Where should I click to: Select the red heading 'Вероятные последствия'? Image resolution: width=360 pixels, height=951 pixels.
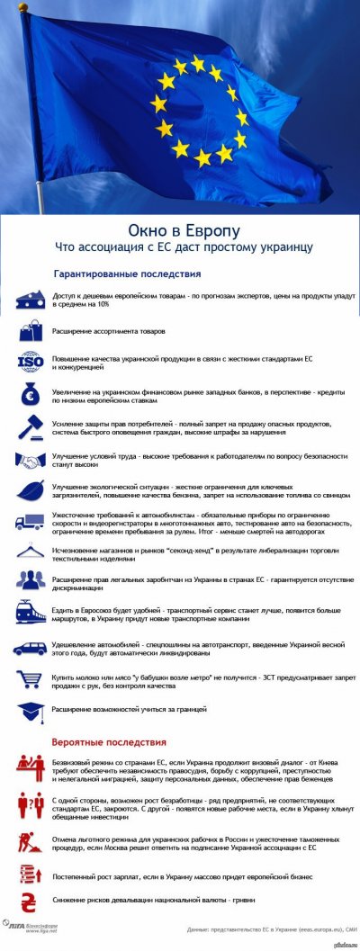(109, 742)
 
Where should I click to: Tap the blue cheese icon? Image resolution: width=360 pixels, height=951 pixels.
(31, 300)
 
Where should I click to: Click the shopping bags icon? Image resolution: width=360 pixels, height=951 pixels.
(31, 331)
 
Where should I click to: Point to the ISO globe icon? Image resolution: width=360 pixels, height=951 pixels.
(31, 363)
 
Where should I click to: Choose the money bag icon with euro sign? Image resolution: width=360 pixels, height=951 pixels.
(31, 395)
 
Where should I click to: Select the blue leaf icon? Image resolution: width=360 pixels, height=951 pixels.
(31, 490)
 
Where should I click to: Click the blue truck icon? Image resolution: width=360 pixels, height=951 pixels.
(31, 522)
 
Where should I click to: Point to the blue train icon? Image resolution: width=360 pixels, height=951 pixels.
(31, 613)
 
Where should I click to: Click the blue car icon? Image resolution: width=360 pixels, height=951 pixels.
(31, 648)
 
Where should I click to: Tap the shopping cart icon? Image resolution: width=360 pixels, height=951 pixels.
(31, 678)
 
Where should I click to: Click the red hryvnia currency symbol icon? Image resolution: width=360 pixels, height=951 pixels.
(31, 901)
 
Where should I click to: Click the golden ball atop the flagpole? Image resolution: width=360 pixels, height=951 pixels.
(23, 8)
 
